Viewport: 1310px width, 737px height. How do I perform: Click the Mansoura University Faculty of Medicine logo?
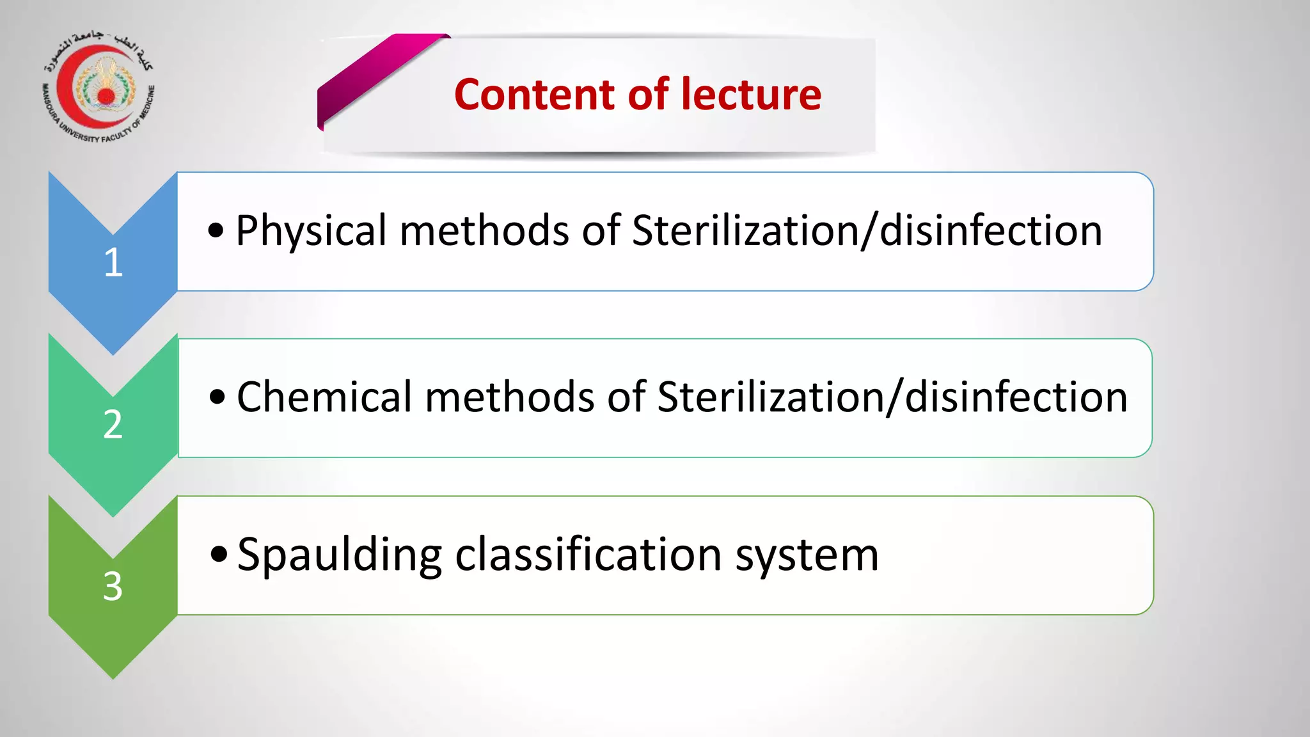tap(99, 87)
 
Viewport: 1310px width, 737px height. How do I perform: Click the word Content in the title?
tap(535, 95)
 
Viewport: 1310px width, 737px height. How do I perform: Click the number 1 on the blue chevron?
tap(113, 262)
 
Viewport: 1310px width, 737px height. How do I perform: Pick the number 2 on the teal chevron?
tap(113, 424)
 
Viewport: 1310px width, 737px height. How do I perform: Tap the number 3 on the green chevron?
tap(113, 586)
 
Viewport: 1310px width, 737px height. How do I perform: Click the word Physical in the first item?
tap(311, 232)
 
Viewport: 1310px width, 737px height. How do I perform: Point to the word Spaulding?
tap(339, 555)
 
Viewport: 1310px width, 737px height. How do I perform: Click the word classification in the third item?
tap(588, 554)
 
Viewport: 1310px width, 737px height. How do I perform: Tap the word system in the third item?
tap(807, 555)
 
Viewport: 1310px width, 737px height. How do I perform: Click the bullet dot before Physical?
tap(216, 231)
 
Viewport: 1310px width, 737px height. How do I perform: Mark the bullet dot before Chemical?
tap(217, 397)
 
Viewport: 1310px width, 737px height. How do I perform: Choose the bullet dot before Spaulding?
tap(219, 555)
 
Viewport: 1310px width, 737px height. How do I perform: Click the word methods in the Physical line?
tap(484, 230)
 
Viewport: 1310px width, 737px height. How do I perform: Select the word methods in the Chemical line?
tap(509, 397)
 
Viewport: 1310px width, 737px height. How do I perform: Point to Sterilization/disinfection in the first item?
tap(867, 230)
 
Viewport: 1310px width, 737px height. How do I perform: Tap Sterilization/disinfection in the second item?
tap(892, 397)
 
